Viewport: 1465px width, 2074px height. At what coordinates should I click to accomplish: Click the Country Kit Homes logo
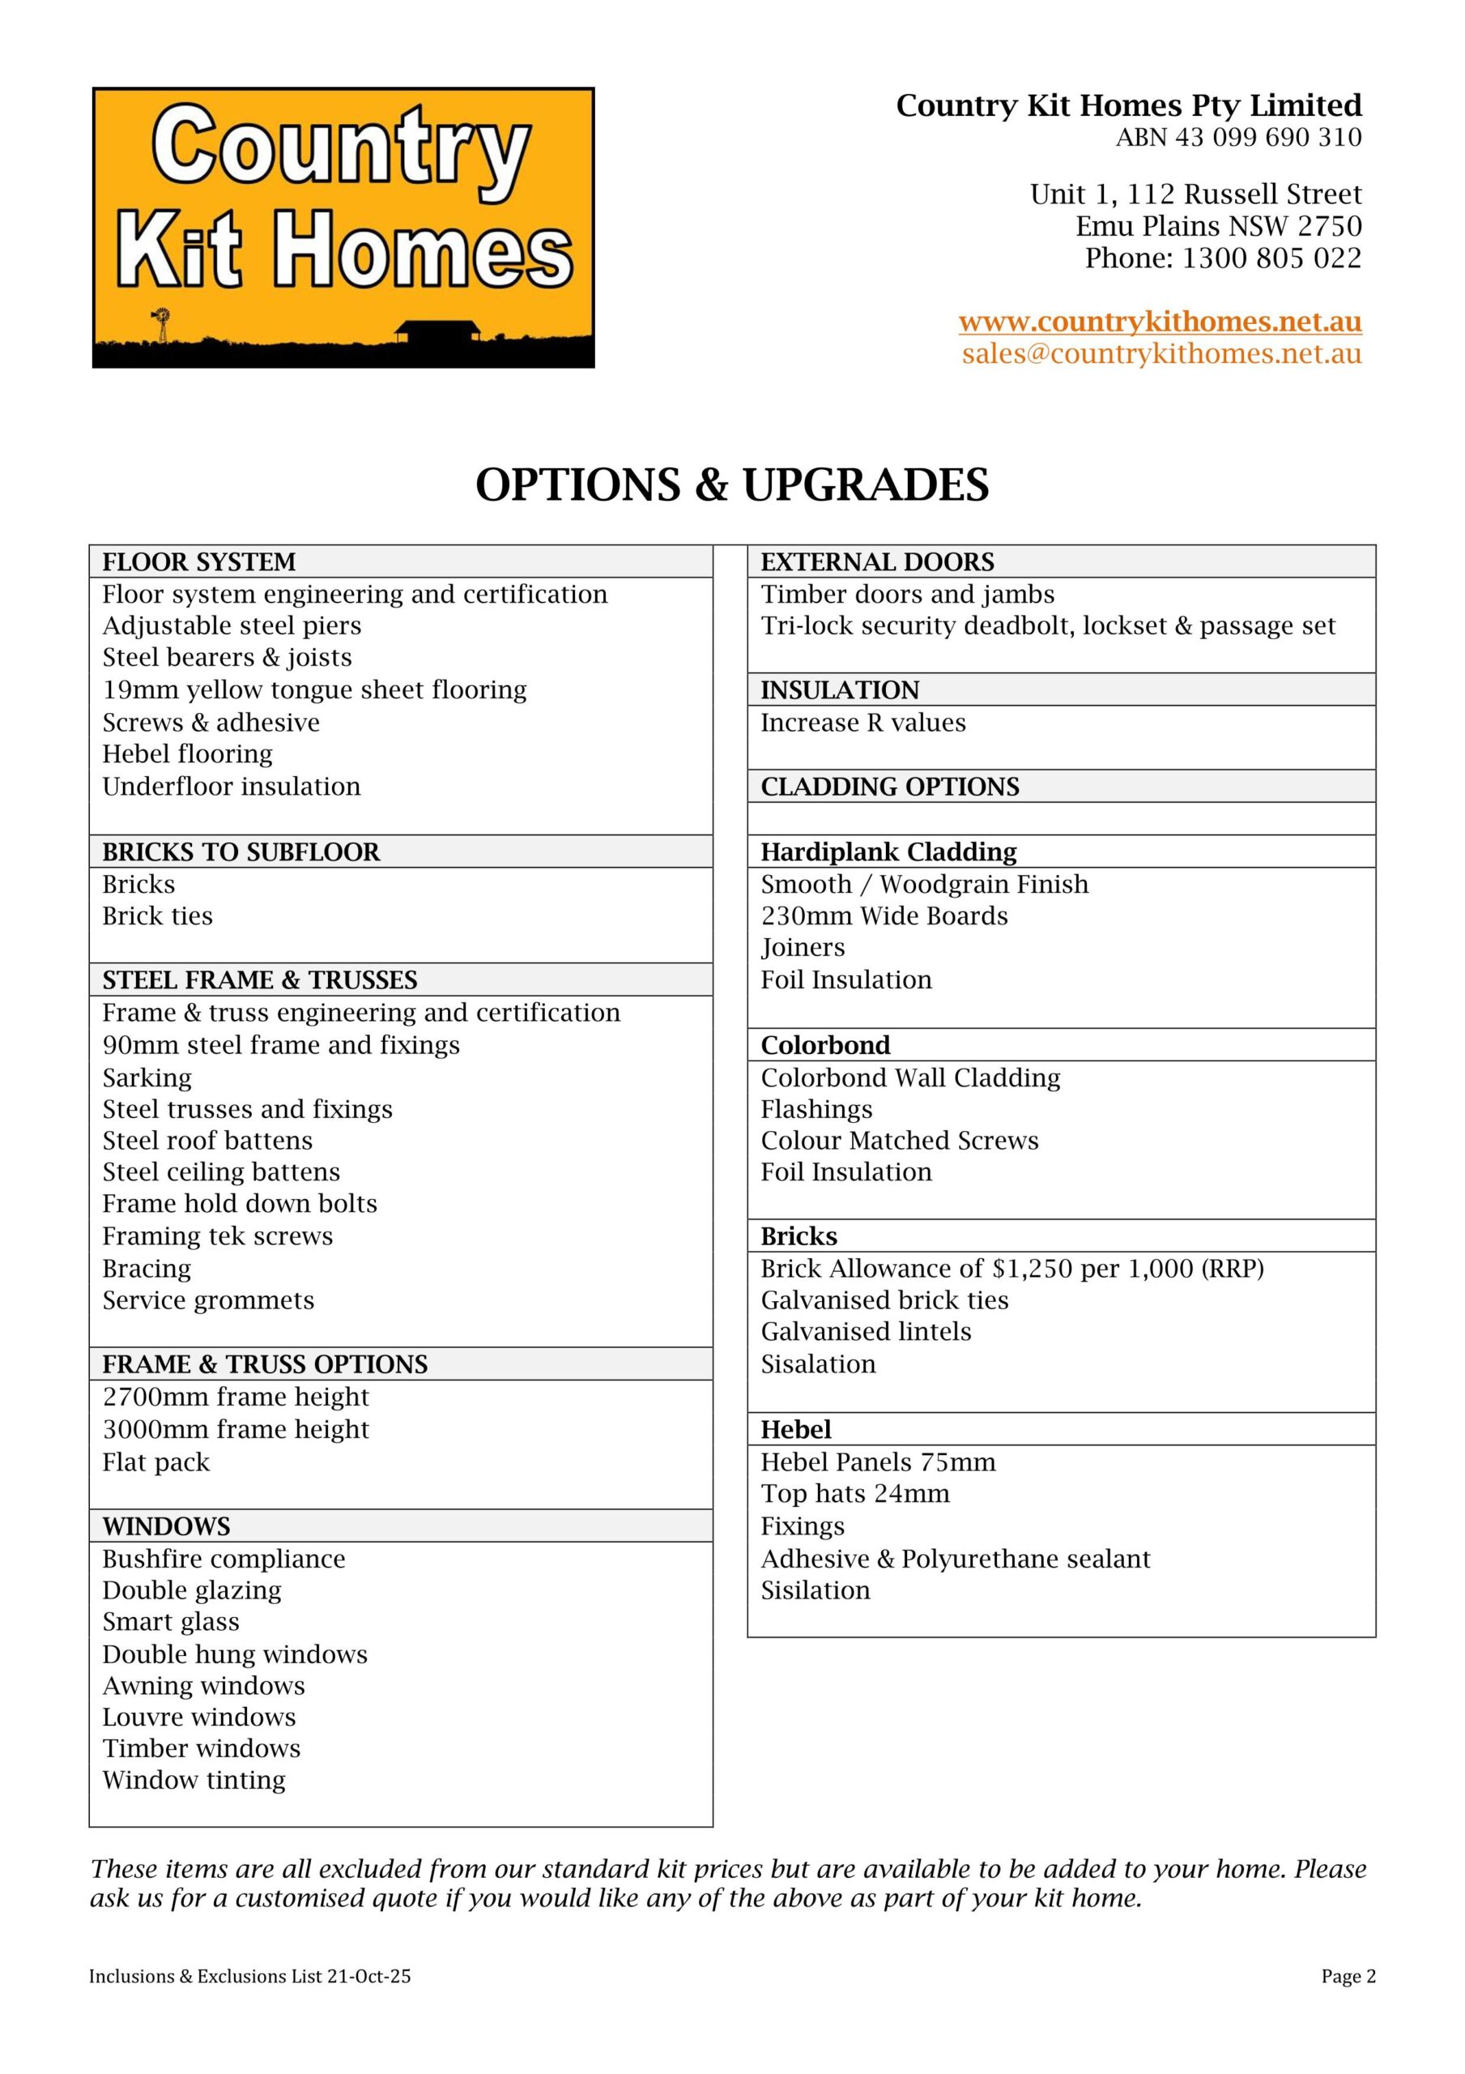(343, 227)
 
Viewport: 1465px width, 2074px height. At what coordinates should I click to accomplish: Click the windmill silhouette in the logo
(162, 323)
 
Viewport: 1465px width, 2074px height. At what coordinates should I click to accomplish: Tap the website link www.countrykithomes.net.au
(1160, 322)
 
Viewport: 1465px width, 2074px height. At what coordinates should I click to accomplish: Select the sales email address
(1161, 353)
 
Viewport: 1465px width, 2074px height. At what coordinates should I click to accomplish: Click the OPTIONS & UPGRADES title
(731, 485)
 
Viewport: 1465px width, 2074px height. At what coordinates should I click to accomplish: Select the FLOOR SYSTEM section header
(198, 562)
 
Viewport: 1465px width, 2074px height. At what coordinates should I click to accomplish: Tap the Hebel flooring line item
(187, 753)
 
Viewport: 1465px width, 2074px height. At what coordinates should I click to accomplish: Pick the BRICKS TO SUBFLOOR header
(241, 851)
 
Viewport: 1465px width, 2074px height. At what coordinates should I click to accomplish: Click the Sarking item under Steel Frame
(147, 1078)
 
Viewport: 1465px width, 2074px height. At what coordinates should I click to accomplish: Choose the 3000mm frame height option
(236, 1429)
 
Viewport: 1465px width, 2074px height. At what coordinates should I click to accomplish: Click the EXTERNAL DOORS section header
(877, 562)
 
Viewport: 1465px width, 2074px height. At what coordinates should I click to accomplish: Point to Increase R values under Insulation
(862, 723)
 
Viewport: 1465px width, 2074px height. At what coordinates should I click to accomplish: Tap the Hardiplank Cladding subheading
(888, 851)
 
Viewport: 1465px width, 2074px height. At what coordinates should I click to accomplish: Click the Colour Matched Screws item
(900, 1140)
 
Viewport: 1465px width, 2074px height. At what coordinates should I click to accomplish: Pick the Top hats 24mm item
(854, 1493)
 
